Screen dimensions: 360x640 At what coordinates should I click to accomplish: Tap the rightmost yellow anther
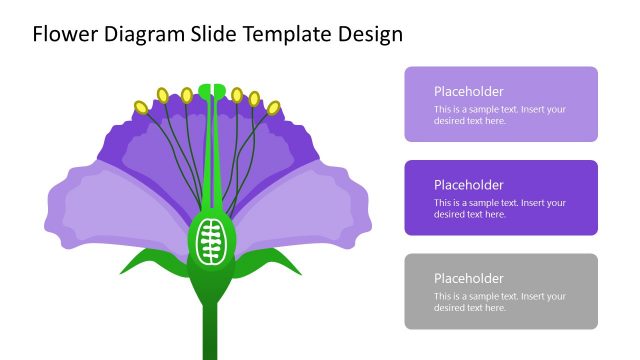pyautogui.click(x=272, y=106)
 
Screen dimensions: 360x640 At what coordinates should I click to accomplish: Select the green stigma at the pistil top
pyautogui.click(x=211, y=92)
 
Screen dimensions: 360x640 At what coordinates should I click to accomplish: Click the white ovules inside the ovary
pyautogui.click(x=210, y=241)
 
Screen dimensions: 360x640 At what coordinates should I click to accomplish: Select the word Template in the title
pyautogui.click(x=291, y=34)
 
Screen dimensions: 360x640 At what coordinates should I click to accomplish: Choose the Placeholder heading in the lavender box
pyautogui.click(x=469, y=91)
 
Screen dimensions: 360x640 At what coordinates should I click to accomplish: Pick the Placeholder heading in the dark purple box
pyautogui.click(x=469, y=184)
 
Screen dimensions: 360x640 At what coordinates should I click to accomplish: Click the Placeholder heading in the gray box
pyautogui.click(x=469, y=278)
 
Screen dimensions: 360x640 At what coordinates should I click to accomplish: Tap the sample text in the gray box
pyautogui.click(x=499, y=302)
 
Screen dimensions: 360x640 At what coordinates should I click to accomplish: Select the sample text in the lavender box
pyautogui.click(x=499, y=115)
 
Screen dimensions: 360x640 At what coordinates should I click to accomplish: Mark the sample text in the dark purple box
pyautogui.click(x=499, y=208)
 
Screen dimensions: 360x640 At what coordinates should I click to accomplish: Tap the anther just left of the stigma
pyautogui.click(x=186, y=95)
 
